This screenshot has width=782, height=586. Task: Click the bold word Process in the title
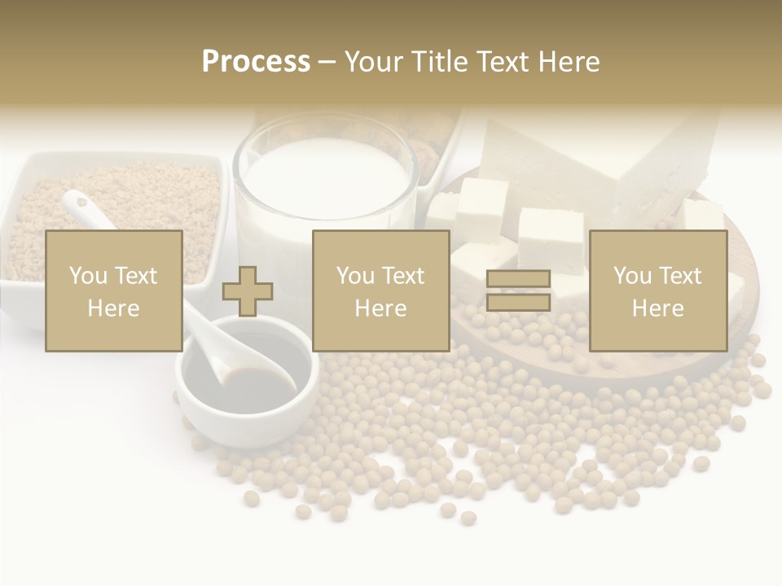point(256,62)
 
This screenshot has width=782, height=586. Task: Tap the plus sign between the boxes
point(248,291)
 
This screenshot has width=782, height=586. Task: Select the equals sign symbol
point(518,291)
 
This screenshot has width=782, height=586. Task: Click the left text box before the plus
point(113,291)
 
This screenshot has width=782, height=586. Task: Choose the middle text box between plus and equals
point(380,291)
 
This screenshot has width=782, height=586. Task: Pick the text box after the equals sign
point(657,291)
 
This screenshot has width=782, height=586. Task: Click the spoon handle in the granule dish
point(81,208)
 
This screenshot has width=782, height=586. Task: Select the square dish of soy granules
point(114,203)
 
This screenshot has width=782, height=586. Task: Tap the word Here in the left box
point(113,308)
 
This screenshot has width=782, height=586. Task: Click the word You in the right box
point(632,276)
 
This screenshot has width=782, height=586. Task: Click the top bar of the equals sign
point(518,278)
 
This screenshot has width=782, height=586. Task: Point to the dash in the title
point(327,62)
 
